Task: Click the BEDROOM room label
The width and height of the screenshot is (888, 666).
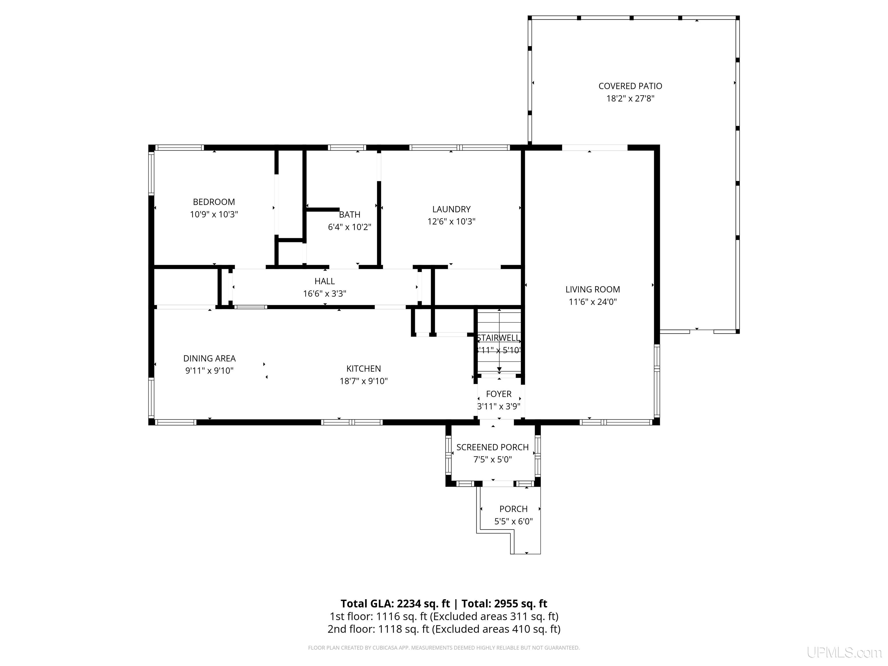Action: pos(214,202)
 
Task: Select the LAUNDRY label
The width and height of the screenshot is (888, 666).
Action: pos(451,209)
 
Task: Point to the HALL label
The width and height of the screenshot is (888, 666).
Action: pos(324,281)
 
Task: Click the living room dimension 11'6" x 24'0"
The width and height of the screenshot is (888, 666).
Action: pos(593,301)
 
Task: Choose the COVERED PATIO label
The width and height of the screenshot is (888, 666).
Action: pos(630,86)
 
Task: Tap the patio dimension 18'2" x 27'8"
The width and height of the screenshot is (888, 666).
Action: pos(630,98)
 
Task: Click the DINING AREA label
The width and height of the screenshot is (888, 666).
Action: pos(209,358)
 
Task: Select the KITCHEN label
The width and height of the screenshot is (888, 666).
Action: pos(363,369)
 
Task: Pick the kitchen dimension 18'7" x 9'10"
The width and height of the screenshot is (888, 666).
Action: pos(363,381)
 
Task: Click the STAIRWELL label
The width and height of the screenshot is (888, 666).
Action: pos(498,338)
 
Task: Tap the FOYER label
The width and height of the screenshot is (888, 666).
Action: pos(499,394)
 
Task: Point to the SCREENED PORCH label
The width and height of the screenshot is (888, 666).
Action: pos(492,447)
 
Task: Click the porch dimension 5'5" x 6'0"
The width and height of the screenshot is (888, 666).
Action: pos(513,521)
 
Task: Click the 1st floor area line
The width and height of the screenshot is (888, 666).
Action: pos(444,616)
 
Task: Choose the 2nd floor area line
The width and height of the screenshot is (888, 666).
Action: pos(444,629)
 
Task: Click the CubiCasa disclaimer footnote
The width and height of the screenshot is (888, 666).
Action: pos(444,647)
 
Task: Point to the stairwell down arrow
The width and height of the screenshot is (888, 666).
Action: pos(499,368)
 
